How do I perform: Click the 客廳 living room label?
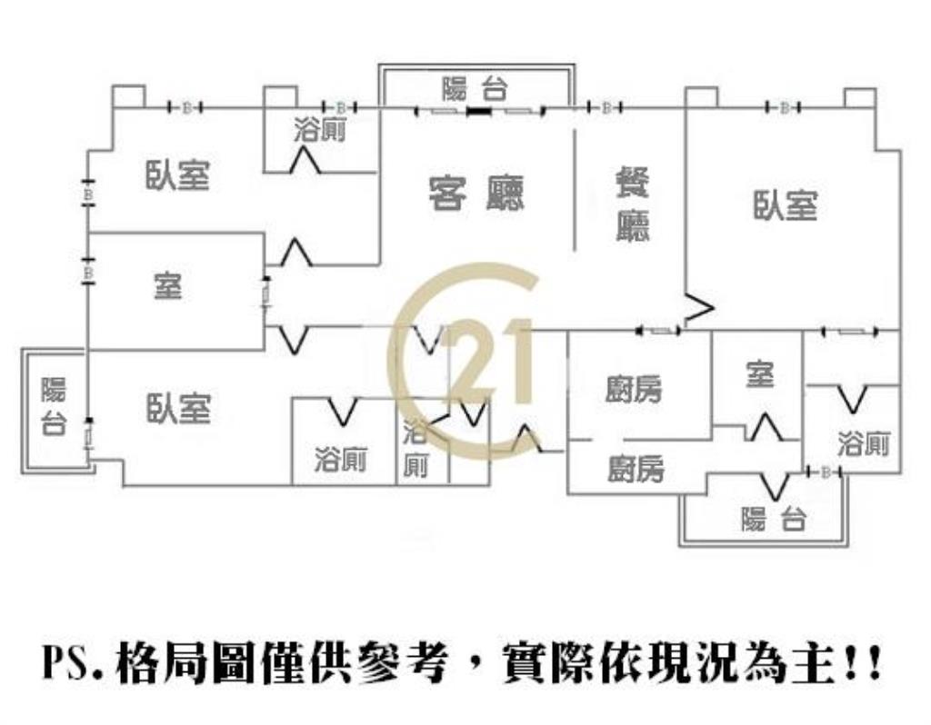pos(476,192)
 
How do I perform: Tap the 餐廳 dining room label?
pos(633,204)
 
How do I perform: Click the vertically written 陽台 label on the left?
pos(54,405)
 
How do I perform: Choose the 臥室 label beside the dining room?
pos(785,204)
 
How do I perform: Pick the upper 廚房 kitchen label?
pos(635,389)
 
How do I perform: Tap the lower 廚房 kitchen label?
pos(636,469)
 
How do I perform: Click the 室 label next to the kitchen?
pos(758,374)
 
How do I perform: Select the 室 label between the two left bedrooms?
pos(167,286)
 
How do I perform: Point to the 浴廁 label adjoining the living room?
pos(319,131)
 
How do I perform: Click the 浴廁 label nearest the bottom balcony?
pos(863,444)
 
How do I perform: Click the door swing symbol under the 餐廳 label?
pos(698,309)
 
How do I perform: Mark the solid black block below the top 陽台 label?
pos(478,112)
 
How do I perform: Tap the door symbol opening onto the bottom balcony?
pos(774,486)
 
